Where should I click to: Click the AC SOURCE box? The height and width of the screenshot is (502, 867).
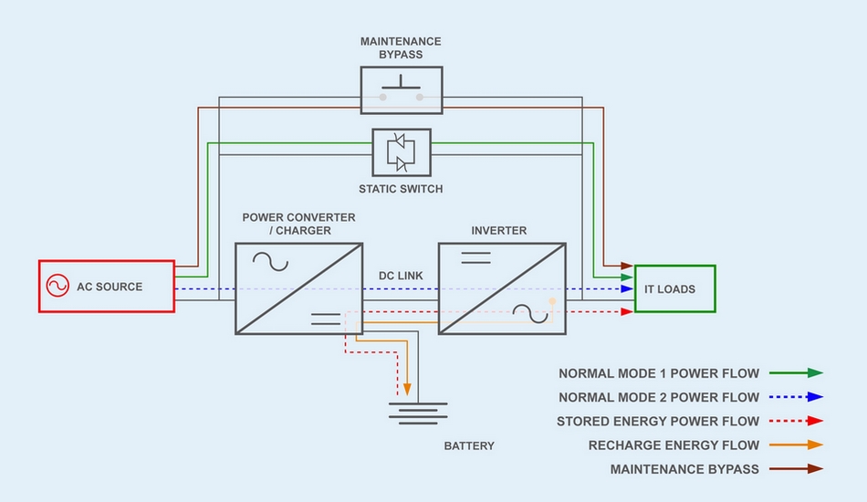[x=106, y=287]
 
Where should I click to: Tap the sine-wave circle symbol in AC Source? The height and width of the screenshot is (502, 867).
[x=57, y=287]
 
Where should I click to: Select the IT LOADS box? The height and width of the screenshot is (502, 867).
[x=674, y=288]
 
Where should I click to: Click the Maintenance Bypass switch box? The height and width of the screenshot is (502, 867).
[x=401, y=89]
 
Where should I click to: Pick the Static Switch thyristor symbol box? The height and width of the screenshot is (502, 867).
[x=401, y=152]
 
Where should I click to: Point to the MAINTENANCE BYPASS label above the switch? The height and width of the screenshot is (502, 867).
[x=401, y=47]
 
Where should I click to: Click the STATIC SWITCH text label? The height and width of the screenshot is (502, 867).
[x=401, y=189]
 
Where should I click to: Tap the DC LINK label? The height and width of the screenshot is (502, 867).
[x=400, y=276]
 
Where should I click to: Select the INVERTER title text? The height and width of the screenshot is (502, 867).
[x=499, y=231]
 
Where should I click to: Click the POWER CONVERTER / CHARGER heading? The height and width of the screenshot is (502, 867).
[x=298, y=225]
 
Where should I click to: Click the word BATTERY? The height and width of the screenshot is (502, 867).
[x=469, y=446]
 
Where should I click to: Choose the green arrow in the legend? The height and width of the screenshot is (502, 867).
[x=796, y=373]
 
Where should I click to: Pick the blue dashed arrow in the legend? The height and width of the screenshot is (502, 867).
[x=796, y=397]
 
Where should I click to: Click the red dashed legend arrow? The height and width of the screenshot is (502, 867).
[x=796, y=421]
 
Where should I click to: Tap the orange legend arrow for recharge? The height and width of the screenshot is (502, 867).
[x=796, y=445]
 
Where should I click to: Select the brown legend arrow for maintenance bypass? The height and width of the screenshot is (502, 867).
[x=796, y=469]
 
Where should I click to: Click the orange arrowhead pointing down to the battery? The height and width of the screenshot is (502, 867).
[x=408, y=387]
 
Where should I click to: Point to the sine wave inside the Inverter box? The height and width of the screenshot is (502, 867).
[x=529, y=313]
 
